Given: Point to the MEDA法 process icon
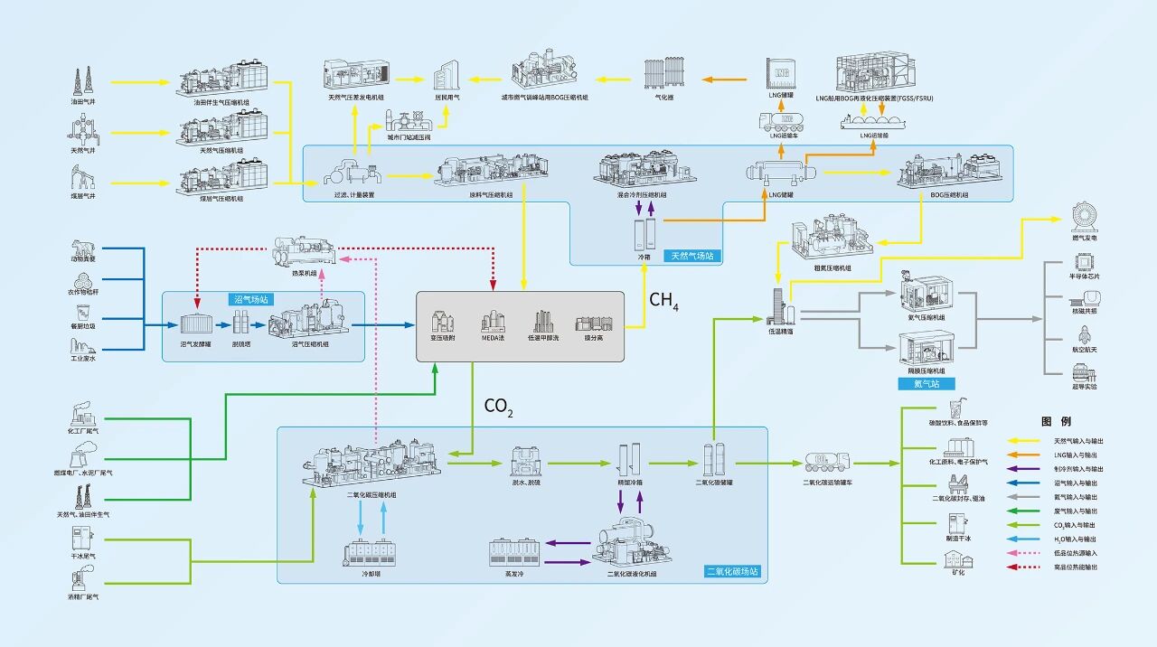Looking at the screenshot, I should (x=492, y=322).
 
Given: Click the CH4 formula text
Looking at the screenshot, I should (x=663, y=301).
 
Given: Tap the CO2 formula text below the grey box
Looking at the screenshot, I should (x=498, y=407).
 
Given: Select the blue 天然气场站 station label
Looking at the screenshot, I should (x=691, y=257).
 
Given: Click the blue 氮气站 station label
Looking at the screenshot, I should (x=927, y=384).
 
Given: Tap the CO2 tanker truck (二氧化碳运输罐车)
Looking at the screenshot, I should (x=827, y=462).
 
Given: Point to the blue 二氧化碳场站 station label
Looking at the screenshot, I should (x=732, y=572).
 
